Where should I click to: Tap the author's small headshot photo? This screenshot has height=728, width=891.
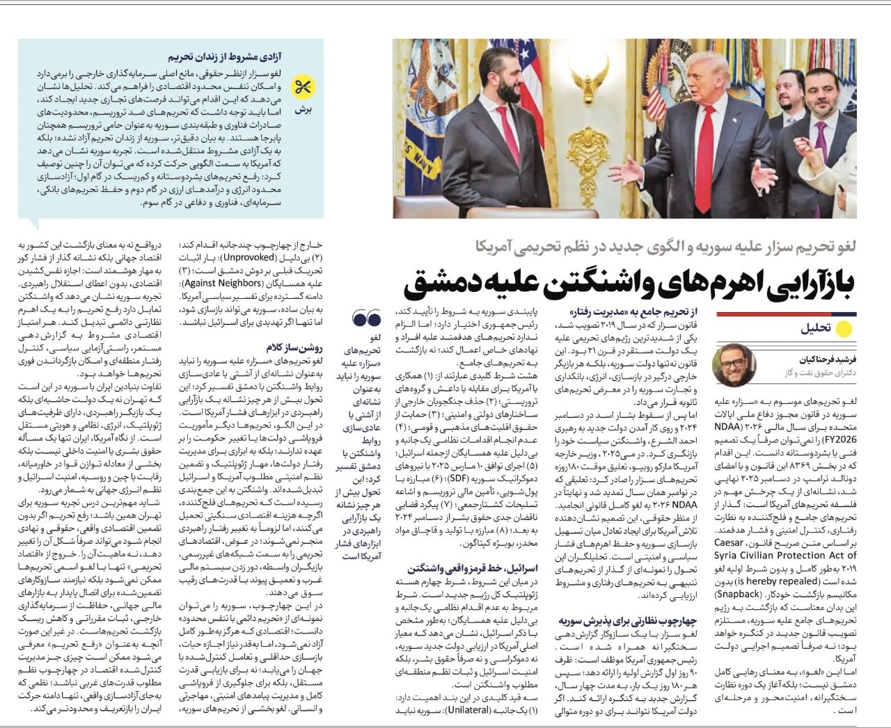coord(734,365)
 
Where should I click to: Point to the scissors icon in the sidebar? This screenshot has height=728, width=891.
coord(303,87)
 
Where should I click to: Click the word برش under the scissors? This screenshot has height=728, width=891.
coord(303,110)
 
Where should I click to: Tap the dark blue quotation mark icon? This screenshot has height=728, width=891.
coord(367,320)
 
